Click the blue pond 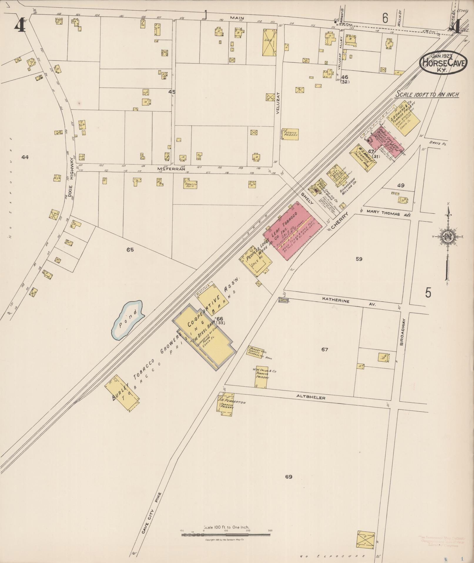127,320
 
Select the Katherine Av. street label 341,302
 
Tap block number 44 25,157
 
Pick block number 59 359,259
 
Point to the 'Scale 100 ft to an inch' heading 427,94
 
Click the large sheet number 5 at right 428,293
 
